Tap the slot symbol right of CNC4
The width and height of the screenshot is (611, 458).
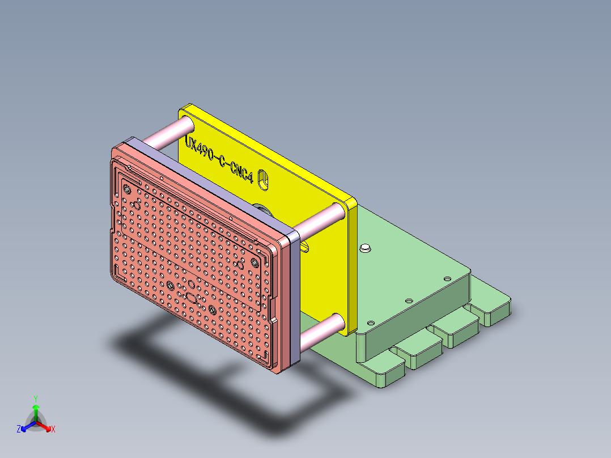(x=263, y=179)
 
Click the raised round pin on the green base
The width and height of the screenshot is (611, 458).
(x=365, y=248)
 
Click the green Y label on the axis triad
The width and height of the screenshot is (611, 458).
(x=35, y=398)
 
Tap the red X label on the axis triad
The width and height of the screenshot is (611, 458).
(x=53, y=430)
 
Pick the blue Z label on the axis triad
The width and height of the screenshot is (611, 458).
(x=18, y=430)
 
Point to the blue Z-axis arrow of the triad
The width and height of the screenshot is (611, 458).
(x=26, y=427)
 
